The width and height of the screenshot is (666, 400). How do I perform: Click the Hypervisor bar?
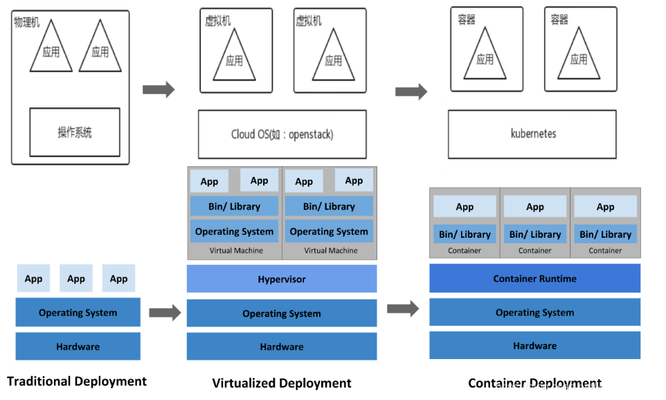(x=282, y=279)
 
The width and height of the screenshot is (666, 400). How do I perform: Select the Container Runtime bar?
(x=534, y=278)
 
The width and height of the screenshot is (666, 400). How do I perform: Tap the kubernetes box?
(x=532, y=134)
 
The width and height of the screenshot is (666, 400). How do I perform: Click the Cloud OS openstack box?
(x=282, y=134)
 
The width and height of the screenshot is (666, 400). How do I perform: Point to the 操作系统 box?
(x=75, y=132)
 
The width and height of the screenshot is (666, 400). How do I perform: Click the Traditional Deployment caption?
(x=77, y=381)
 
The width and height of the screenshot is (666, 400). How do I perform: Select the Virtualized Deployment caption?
(x=282, y=383)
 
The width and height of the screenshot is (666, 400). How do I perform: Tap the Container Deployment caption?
(x=534, y=383)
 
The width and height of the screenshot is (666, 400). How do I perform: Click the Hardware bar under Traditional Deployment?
(x=78, y=346)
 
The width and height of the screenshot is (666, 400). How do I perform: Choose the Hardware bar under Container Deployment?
(x=534, y=345)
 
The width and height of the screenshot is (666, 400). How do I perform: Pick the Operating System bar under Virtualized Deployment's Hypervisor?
(x=282, y=313)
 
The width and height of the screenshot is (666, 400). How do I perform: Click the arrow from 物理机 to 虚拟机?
(x=159, y=89)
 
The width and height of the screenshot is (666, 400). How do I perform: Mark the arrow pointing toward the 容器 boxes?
(x=411, y=91)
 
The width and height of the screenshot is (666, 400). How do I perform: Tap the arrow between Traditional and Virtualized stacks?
(x=165, y=313)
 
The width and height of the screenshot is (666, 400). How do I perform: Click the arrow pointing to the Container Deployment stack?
(x=403, y=308)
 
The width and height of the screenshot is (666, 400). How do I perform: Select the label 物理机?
(x=27, y=22)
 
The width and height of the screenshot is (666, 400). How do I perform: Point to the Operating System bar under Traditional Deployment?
(x=78, y=313)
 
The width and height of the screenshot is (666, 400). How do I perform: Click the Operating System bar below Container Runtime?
(x=534, y=312)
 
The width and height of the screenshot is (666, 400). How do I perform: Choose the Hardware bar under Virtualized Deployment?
(x=282, y=346)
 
